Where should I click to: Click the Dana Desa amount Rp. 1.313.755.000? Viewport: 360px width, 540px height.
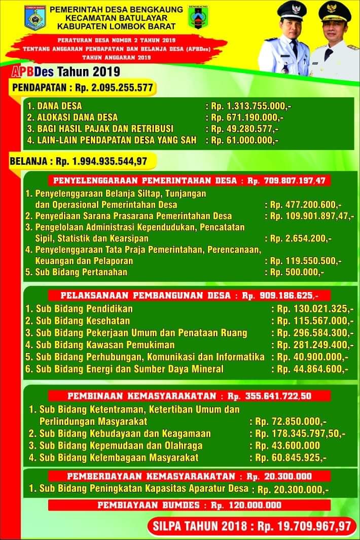point(250,106)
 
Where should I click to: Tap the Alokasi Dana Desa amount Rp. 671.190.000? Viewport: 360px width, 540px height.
point(247,118)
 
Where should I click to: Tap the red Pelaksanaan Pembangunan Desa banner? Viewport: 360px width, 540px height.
point(189,295)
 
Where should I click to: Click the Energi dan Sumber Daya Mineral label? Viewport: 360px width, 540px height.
point(124,369)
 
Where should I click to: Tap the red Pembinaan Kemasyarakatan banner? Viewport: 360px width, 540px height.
point(189,395)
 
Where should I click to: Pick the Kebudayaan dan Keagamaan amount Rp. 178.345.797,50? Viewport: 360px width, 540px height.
point(298,434)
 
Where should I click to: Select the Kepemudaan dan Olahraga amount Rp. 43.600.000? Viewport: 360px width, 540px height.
point(285,446)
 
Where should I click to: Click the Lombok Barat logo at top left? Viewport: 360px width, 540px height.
point(35,18)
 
